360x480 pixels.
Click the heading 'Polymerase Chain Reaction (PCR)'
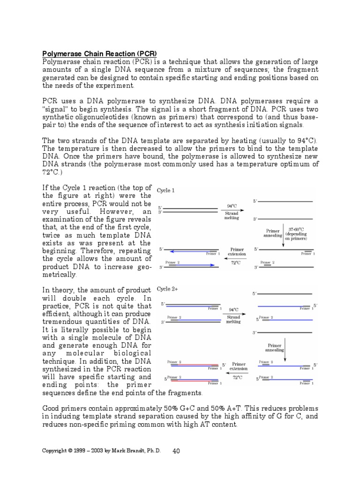(99, 53)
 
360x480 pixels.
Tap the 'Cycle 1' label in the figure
(165, 191)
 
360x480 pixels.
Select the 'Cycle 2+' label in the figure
(167, 289)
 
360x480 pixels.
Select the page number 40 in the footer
(176, 451)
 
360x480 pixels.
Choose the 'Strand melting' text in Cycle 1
(232, 215)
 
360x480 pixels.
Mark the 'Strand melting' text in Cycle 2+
(233, 319)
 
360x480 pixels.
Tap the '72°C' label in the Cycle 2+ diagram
(238, 377)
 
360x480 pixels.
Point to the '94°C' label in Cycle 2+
(233, 310)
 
